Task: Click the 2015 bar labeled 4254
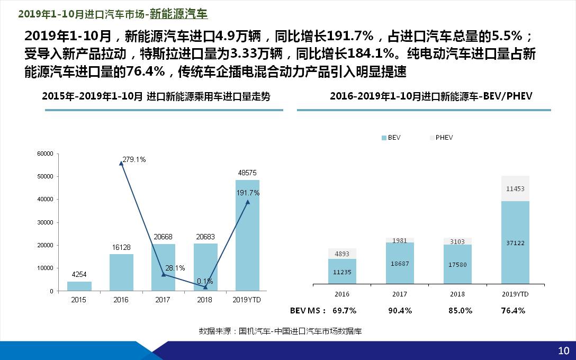79,286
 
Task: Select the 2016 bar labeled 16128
121,272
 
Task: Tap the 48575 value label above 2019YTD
248,173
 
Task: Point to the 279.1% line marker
121,163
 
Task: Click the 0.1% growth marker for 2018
205,287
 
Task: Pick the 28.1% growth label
175,268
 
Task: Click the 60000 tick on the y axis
46,154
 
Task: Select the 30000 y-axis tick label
46,222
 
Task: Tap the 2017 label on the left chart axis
163,300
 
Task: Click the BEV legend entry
391,138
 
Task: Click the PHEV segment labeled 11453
515,188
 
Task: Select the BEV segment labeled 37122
515,242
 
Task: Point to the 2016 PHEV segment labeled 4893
342,254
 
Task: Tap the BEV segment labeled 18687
400,263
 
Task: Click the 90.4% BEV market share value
400,311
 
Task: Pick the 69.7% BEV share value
344,311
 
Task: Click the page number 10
563,350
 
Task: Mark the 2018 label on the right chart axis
457,294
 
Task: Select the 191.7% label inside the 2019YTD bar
248,193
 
